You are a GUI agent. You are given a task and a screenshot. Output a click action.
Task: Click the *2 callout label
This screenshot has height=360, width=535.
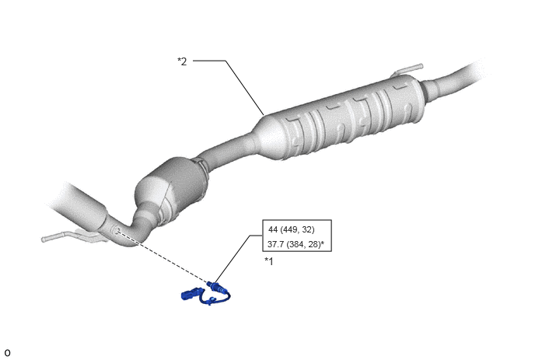pyautogui.click(x=182, y=61)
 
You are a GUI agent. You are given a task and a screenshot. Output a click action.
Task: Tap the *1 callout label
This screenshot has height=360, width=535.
pyautogui.click(x=269, y=261)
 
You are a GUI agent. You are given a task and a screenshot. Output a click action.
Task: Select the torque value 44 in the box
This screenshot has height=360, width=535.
pyautogui.click(x=273, y=229)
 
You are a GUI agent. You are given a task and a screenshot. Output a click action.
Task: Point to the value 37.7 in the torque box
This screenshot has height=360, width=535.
pyautogui.click(x=276, y=244)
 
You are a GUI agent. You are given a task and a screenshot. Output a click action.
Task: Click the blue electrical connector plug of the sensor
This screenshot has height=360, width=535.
pyautogui.click(x=191, y=294)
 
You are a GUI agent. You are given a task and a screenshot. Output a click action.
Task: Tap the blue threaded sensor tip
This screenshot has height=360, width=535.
pyautogui.click(x=209, y=284)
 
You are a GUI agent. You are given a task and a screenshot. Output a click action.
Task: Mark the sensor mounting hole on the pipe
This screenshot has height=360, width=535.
pyautogui.click(x=117, y=230)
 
